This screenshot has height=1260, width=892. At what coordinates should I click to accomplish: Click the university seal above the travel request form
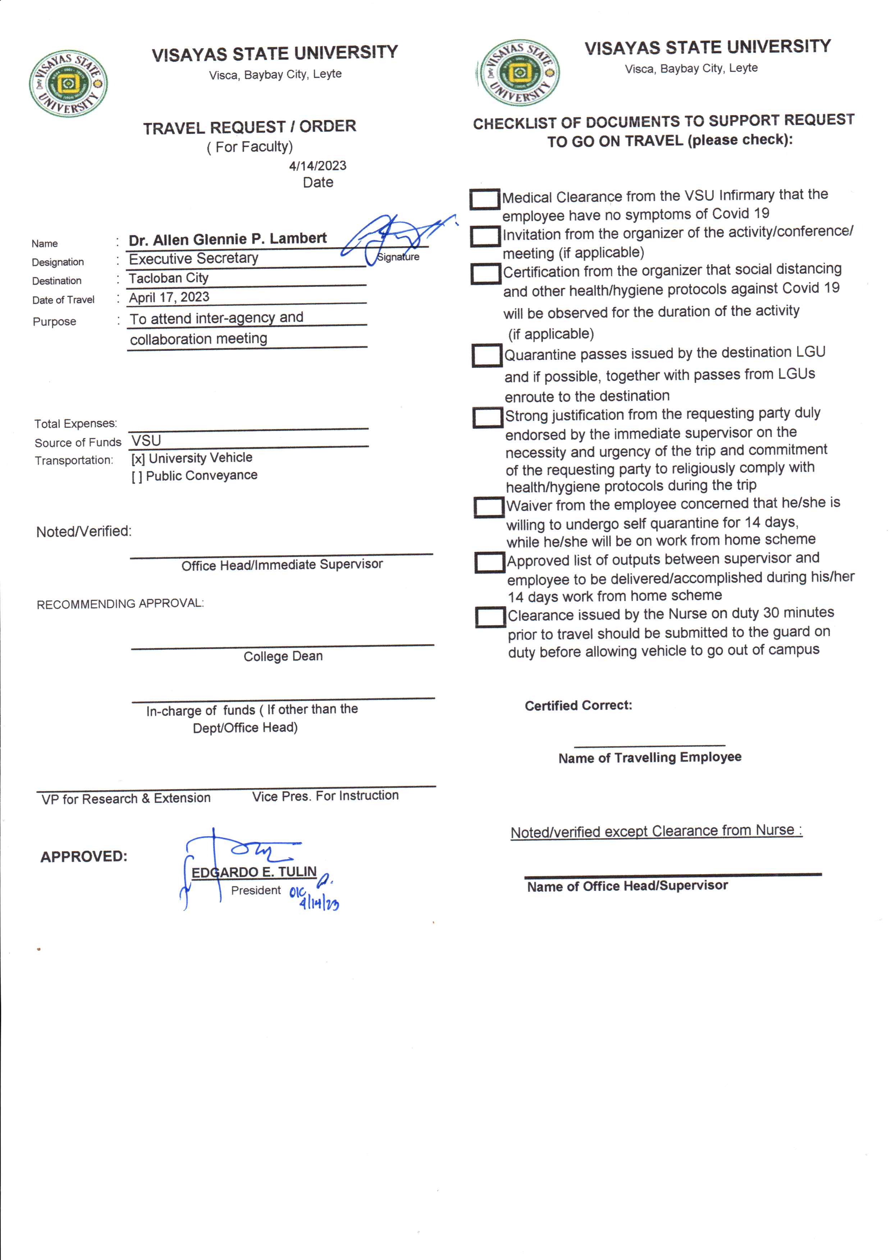coord(68,84)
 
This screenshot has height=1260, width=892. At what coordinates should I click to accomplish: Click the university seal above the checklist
coord(519,73)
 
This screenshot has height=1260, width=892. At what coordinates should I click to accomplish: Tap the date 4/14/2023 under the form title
coord(317,166)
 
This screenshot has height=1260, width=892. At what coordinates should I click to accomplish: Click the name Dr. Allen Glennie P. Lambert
coord(227,239)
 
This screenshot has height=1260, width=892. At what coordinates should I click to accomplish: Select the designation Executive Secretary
coord(193,258)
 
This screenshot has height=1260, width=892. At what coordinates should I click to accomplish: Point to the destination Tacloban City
coord(169,278)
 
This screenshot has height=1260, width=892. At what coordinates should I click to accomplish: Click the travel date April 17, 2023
coord(169,297)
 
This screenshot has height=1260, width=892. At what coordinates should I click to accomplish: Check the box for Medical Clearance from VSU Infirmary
coord(484,199)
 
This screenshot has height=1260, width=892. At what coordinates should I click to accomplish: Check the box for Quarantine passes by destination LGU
coord(487,355)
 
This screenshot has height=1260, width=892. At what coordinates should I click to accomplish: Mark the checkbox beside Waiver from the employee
coord(488,507)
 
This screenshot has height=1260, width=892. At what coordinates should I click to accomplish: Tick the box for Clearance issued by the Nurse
coord(490,617)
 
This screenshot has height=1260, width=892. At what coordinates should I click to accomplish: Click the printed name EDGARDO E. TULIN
coord(254,872)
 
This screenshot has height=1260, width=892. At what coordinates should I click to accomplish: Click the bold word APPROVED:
coord(83,856)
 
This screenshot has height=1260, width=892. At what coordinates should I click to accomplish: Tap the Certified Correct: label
coord(578,705)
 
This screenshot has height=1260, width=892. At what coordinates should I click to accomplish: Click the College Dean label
coord(283,657)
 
